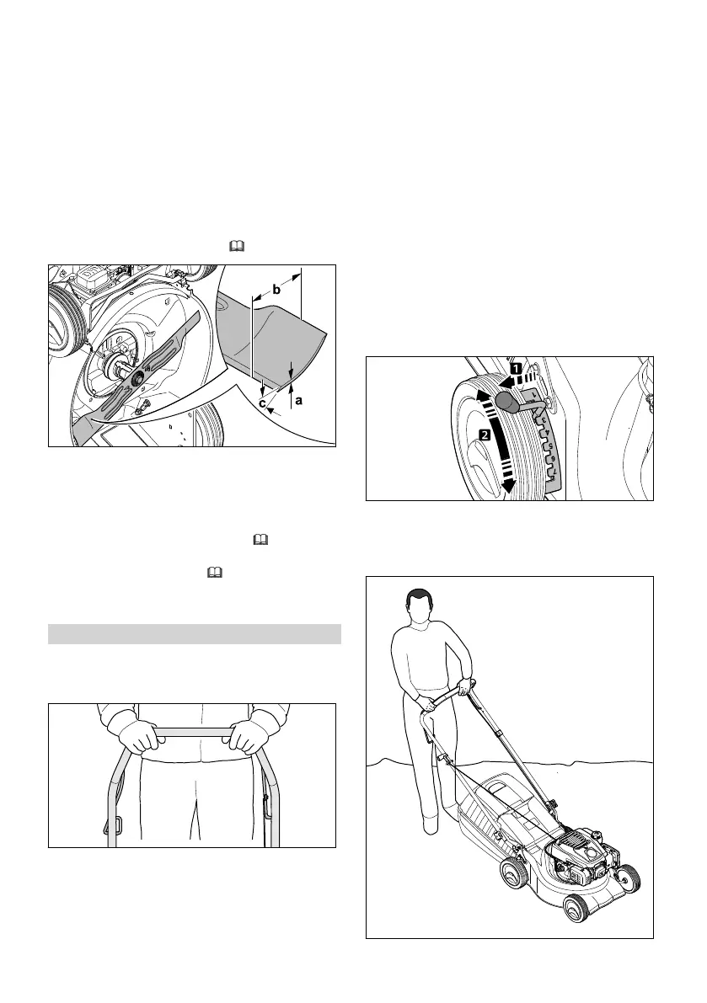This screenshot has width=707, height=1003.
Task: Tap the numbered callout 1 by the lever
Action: click(x=514, y=368)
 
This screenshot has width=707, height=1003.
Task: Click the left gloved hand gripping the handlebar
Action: click(x=140, y=739)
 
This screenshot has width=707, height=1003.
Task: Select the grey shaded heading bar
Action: click(x=194, y=633)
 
